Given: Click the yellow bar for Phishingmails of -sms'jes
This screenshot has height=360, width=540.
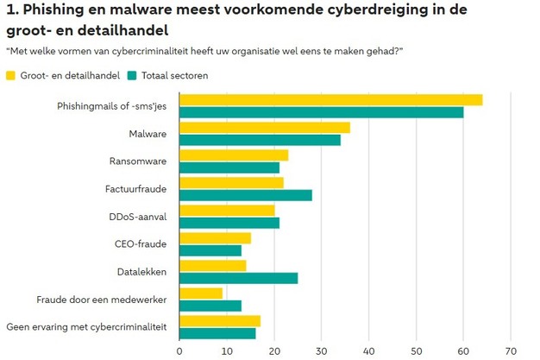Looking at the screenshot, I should pos(330,99).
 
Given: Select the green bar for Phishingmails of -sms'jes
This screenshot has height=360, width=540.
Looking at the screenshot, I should pos(321,112).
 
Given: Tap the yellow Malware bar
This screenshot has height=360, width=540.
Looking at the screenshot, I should pos(264,127).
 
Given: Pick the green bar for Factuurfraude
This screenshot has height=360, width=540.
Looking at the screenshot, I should pos(245,195).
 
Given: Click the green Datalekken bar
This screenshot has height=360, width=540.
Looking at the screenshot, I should pos(238,277).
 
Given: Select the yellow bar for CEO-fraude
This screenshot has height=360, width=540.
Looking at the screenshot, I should pos(215,237).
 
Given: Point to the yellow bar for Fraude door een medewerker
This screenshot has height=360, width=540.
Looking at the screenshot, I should pos(201,293).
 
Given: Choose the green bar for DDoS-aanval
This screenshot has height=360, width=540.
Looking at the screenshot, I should pos(229,223).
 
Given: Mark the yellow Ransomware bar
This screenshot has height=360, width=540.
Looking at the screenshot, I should pos(233,155).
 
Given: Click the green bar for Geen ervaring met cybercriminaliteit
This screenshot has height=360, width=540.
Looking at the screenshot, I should pos(217,333).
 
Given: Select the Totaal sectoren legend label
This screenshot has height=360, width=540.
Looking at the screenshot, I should pos(174,75).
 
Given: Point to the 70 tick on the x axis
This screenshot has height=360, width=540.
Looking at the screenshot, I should pos(511,351).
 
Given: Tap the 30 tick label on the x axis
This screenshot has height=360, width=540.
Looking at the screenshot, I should pos(322,351).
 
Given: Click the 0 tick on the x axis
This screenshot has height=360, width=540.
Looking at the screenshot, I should pos(179,351).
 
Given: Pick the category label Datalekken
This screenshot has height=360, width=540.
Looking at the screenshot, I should pos(141,272).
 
